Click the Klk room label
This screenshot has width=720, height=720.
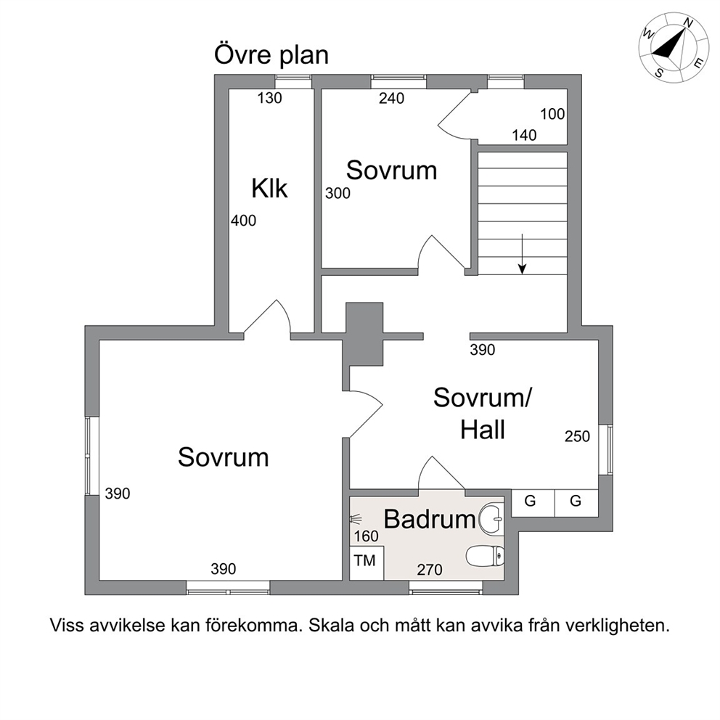coord(269,188)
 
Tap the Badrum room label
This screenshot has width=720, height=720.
coord(430,520)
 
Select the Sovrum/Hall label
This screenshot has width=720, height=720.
coord(482,413)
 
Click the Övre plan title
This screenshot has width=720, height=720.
coord(271,54)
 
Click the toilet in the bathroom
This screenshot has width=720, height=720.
coord(484,557)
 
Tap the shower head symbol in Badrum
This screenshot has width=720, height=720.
coord(355,520)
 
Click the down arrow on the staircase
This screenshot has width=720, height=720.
coord(522,254)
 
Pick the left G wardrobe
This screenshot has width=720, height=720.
coord(533,503)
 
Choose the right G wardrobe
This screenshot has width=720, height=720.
coord(576,503)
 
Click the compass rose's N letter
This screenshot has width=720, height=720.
coord(687,23)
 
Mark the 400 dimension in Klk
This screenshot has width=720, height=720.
coord(243,221)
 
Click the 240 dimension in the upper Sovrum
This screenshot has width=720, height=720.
coord(391,98)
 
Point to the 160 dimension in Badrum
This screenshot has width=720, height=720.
coord(366,536)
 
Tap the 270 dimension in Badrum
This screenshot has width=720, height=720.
coord(430,570)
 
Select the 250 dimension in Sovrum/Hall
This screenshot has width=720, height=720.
coord(577,436)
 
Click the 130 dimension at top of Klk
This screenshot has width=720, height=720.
coord(269,98)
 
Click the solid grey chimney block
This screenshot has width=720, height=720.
coord(364,334)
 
